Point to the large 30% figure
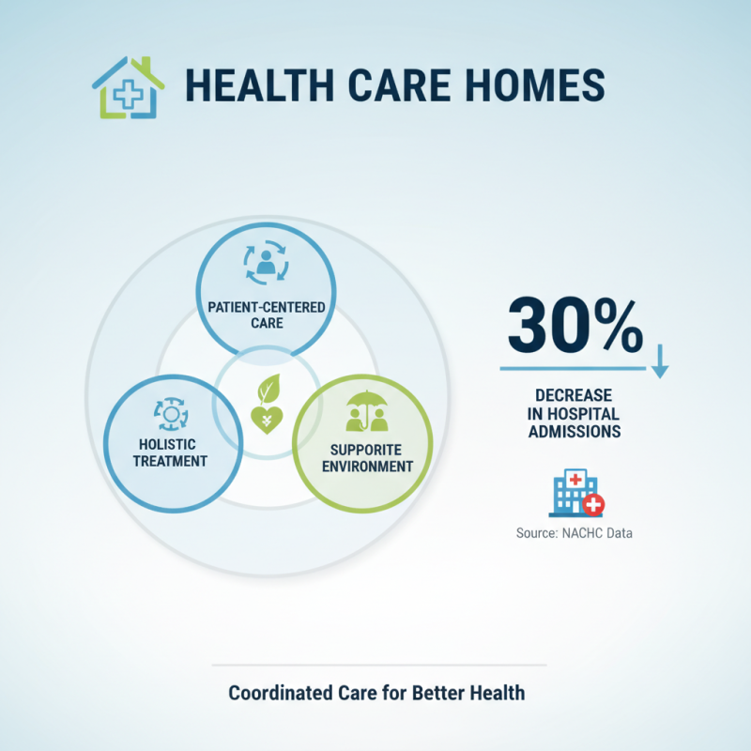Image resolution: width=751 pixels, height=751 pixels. tap(575, 328)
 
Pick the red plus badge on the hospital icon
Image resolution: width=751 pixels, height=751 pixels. tap(593, 505)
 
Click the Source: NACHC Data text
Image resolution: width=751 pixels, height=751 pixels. tap(575, 533)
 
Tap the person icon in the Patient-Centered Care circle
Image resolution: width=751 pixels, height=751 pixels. tap(266, 264)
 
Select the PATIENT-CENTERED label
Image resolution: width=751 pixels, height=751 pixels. tap(266, 306)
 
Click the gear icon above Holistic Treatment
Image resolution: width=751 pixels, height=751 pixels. tap(171, 413)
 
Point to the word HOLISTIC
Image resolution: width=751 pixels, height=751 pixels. tap(171, 444)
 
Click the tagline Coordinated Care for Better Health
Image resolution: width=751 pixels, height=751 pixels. tap(377, 694)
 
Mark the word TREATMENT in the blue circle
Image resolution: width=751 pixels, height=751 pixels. tap(171, 461)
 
